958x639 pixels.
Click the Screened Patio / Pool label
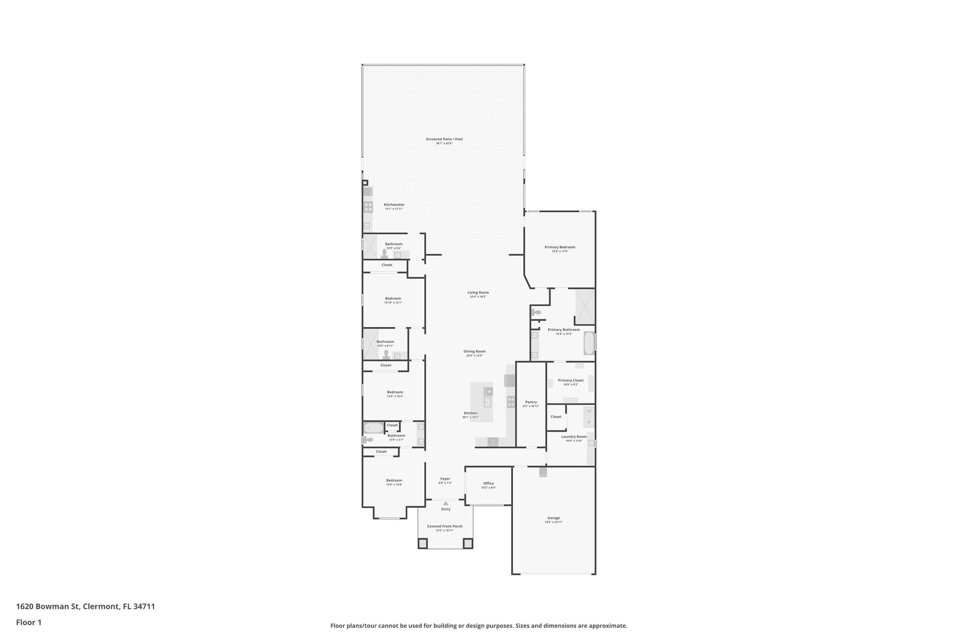tap(444, 139)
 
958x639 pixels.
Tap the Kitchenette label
tap(394, 205)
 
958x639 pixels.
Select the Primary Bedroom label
tap(559, 247)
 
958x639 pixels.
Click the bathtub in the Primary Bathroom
tap(589, 343)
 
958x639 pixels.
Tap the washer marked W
tap(589, 411)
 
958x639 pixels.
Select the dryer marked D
tap(589, 422)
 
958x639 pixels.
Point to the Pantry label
tap(531, 402)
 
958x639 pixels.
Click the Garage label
tap(553, 518)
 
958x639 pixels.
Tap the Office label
tap(488, 484)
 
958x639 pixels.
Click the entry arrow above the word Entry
tap(446, 503)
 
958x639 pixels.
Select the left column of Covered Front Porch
tap(422, 543)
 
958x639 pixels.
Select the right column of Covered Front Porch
tap(468, 543)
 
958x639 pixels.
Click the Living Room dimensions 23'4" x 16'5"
tap(478, 297)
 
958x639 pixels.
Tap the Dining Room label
tap(474, 351)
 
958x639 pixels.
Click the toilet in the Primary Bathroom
tap(536, 312)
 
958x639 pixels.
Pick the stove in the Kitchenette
tap(368, 207)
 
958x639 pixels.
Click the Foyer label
tap(445, 478)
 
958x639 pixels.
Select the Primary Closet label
tap(571, 380)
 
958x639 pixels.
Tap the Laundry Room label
tap(573, 436)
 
